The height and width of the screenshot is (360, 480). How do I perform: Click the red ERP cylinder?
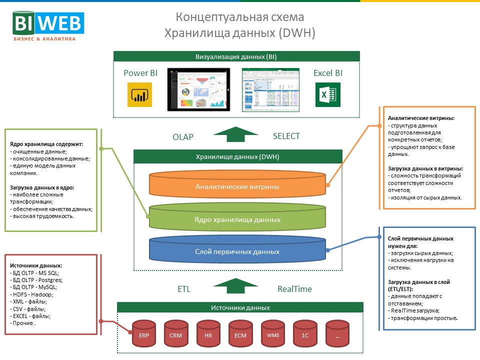click(x=144, y=334)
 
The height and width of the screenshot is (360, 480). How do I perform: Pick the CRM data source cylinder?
click(x=176, y=334)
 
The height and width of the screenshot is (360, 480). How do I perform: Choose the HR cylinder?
click(x=208, y=334)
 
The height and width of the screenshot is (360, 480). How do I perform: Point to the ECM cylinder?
click(x=241, y=334)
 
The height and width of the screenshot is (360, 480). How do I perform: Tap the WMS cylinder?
click(x=273, y=334)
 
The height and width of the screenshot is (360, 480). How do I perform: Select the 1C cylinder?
click(x=305, y=334)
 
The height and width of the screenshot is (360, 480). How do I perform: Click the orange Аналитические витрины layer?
click(x=237, y=186)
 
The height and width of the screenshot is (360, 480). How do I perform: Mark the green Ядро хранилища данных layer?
click(x=237, y=219)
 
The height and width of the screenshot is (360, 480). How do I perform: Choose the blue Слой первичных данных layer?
click(x=237, y=251)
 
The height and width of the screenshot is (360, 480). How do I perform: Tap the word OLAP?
click(x=183, y=136)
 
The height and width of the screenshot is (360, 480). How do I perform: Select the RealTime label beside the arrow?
click(x=294, y=289)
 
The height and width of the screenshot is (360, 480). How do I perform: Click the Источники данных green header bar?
click(x=240, y=308)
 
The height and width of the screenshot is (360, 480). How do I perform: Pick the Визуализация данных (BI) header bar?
click(x=236, y=56)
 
